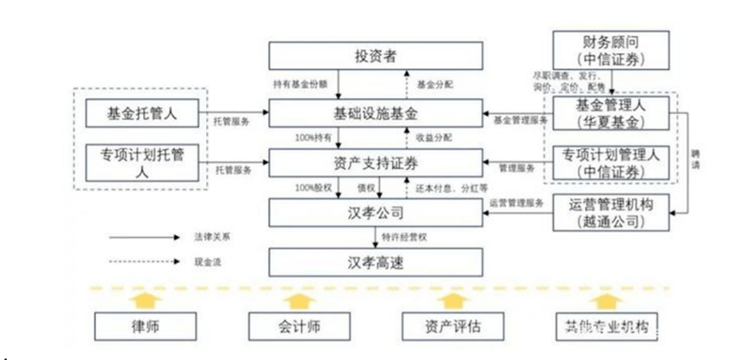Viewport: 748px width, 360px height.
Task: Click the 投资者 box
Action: pyautogui.click(x=375, y=56)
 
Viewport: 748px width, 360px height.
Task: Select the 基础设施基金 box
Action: pyautogui.click(x=375, y=115)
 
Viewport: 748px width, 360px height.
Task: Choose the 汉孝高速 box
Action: pyautogui.click(x=375, y=262)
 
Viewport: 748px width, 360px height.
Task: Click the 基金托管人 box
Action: pyautogui.click(x=142, y=114)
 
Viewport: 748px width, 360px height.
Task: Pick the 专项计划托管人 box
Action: pyautogui.click(x=142, y=162)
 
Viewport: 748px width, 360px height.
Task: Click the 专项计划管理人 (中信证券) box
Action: pyautogui.click(x=610, y=162)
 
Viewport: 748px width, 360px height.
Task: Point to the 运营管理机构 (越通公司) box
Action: pyautogui.click(x=610, y=212)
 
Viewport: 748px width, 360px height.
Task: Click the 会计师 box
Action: pyautogui.click(x=297, y=326)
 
